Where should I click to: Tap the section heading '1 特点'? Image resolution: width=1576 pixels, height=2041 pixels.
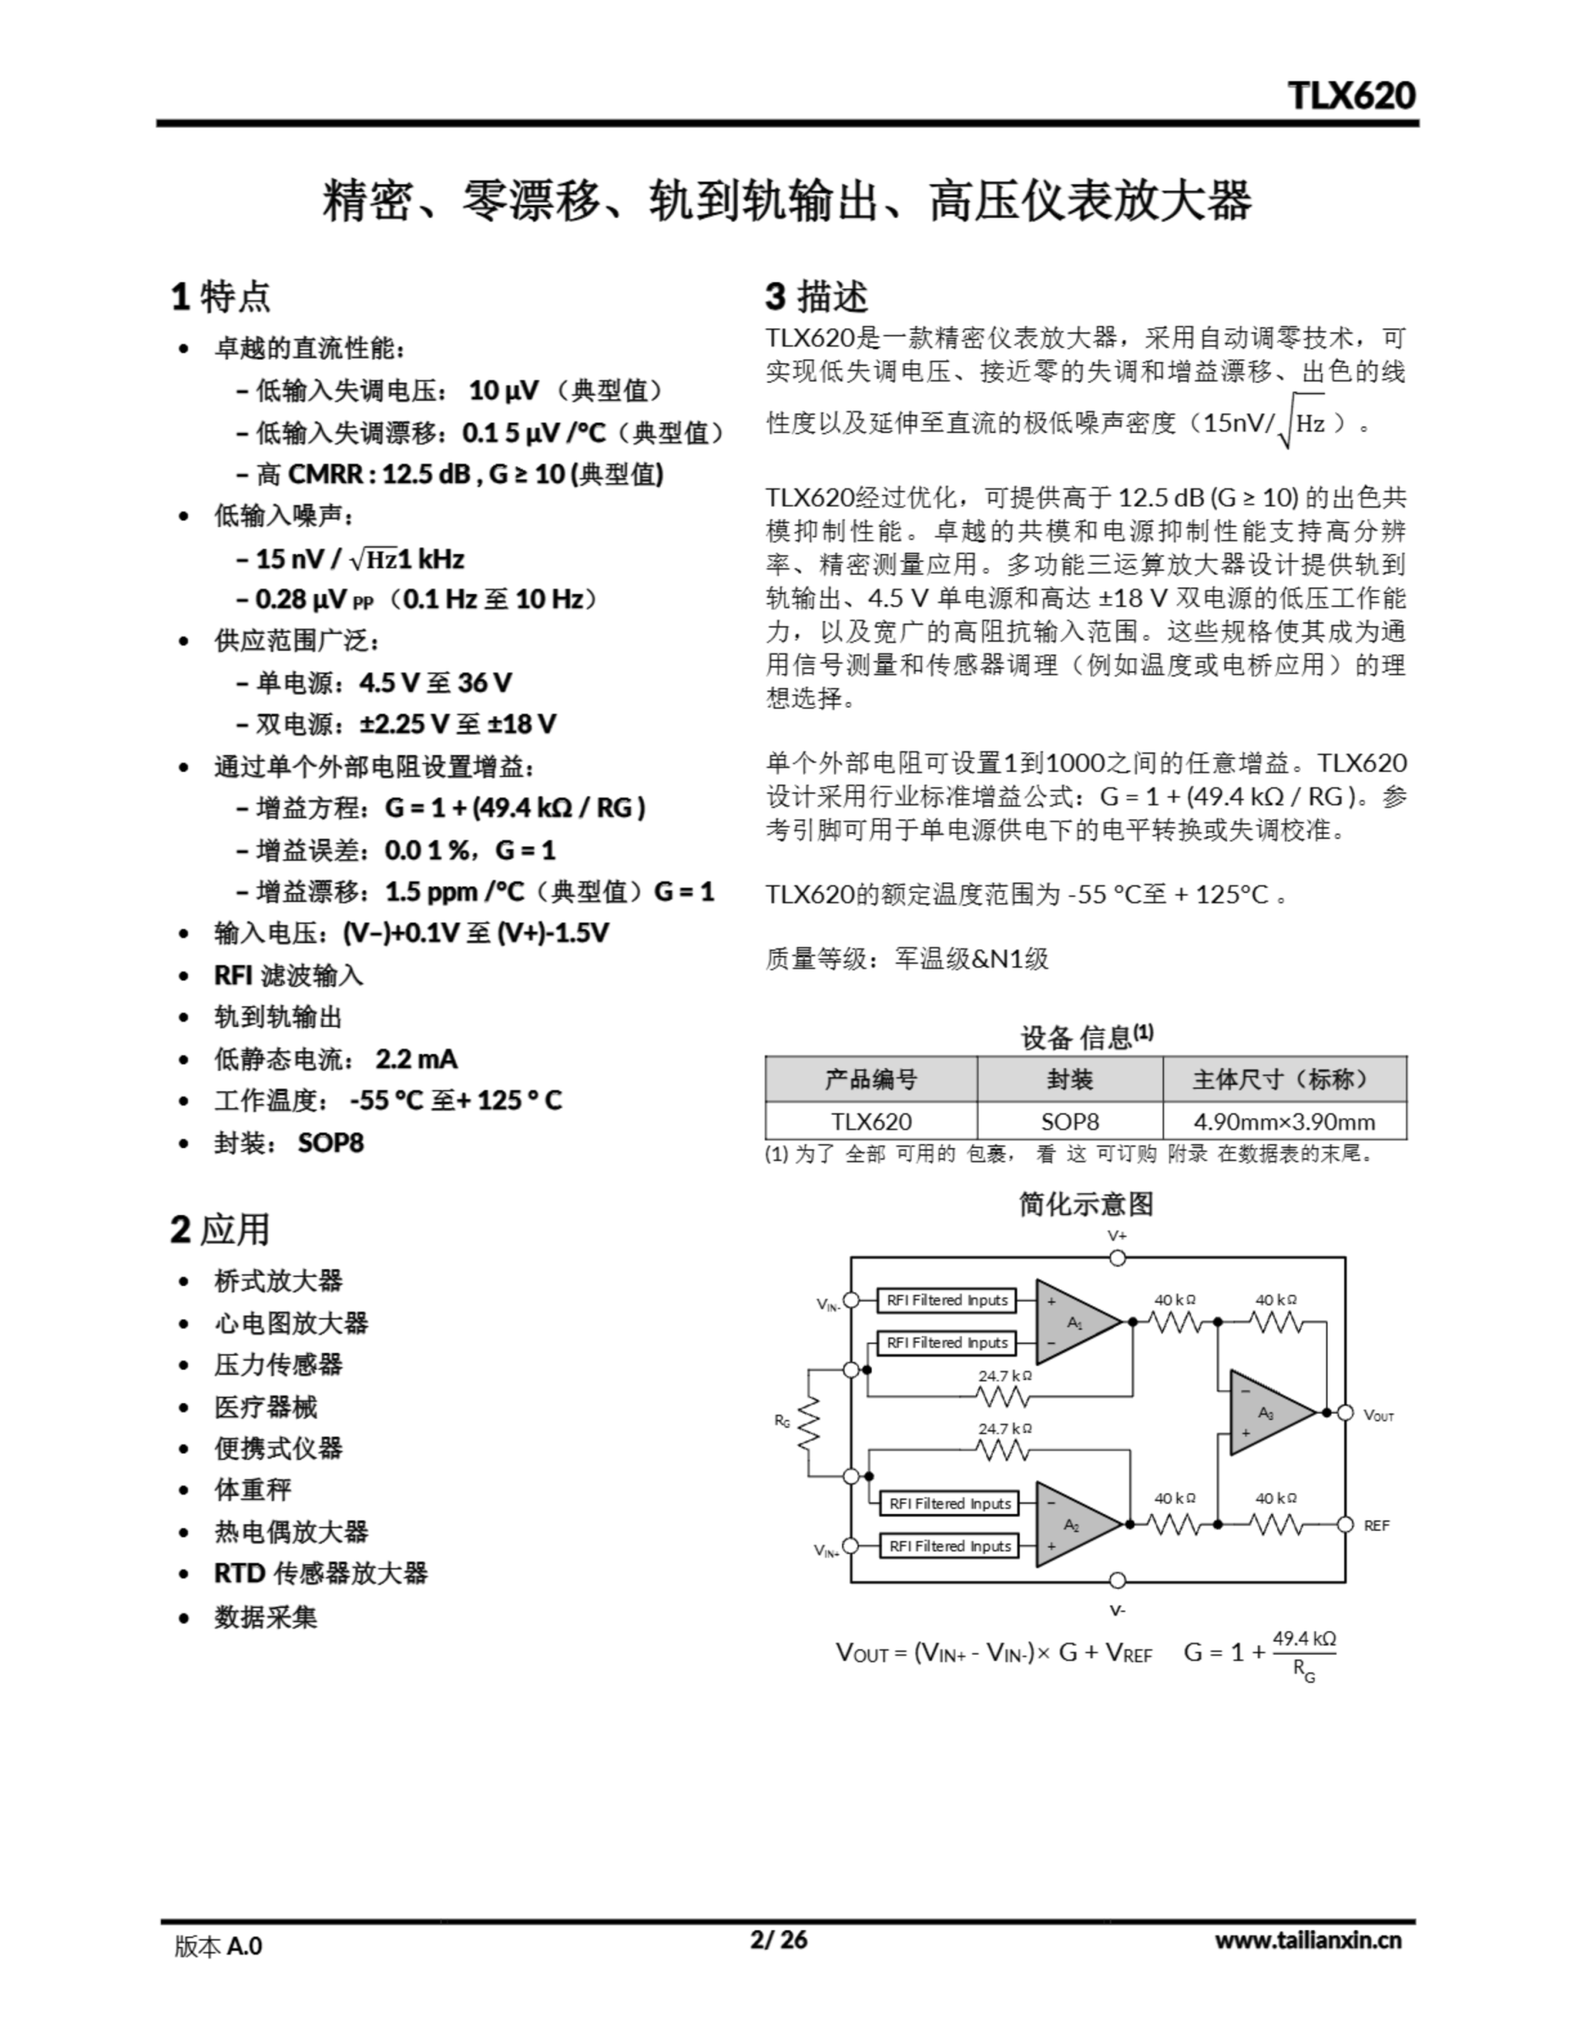[x=221, y=297]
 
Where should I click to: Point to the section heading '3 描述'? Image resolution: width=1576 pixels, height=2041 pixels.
[x=817, y=297]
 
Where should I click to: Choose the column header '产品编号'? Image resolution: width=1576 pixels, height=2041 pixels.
[x=871, y=1079]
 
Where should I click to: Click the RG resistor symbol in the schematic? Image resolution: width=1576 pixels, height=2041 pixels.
[x=808, y=1423]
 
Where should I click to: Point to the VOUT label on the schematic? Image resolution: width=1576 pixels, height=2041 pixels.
[x=1378, y=1415]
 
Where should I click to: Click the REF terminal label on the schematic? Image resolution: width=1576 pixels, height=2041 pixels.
[x=1376, y=1525]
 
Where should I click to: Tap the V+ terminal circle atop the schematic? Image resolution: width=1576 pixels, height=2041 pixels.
[x=1117, y=1258]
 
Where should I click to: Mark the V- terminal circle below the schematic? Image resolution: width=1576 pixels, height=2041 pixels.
[x=1117, y=1580]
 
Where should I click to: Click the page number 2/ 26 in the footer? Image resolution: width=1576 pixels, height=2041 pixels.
[x=778, y=1938]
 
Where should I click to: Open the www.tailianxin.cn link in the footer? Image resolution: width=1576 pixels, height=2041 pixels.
[x=1307, y=1939]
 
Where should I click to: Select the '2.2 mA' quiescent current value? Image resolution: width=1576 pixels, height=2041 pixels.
[x=416, y=1058]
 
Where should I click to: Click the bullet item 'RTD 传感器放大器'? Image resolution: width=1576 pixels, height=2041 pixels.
[x=320, y=1573]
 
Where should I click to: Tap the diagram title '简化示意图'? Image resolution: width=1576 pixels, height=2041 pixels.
[x=1085, y=1204]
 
